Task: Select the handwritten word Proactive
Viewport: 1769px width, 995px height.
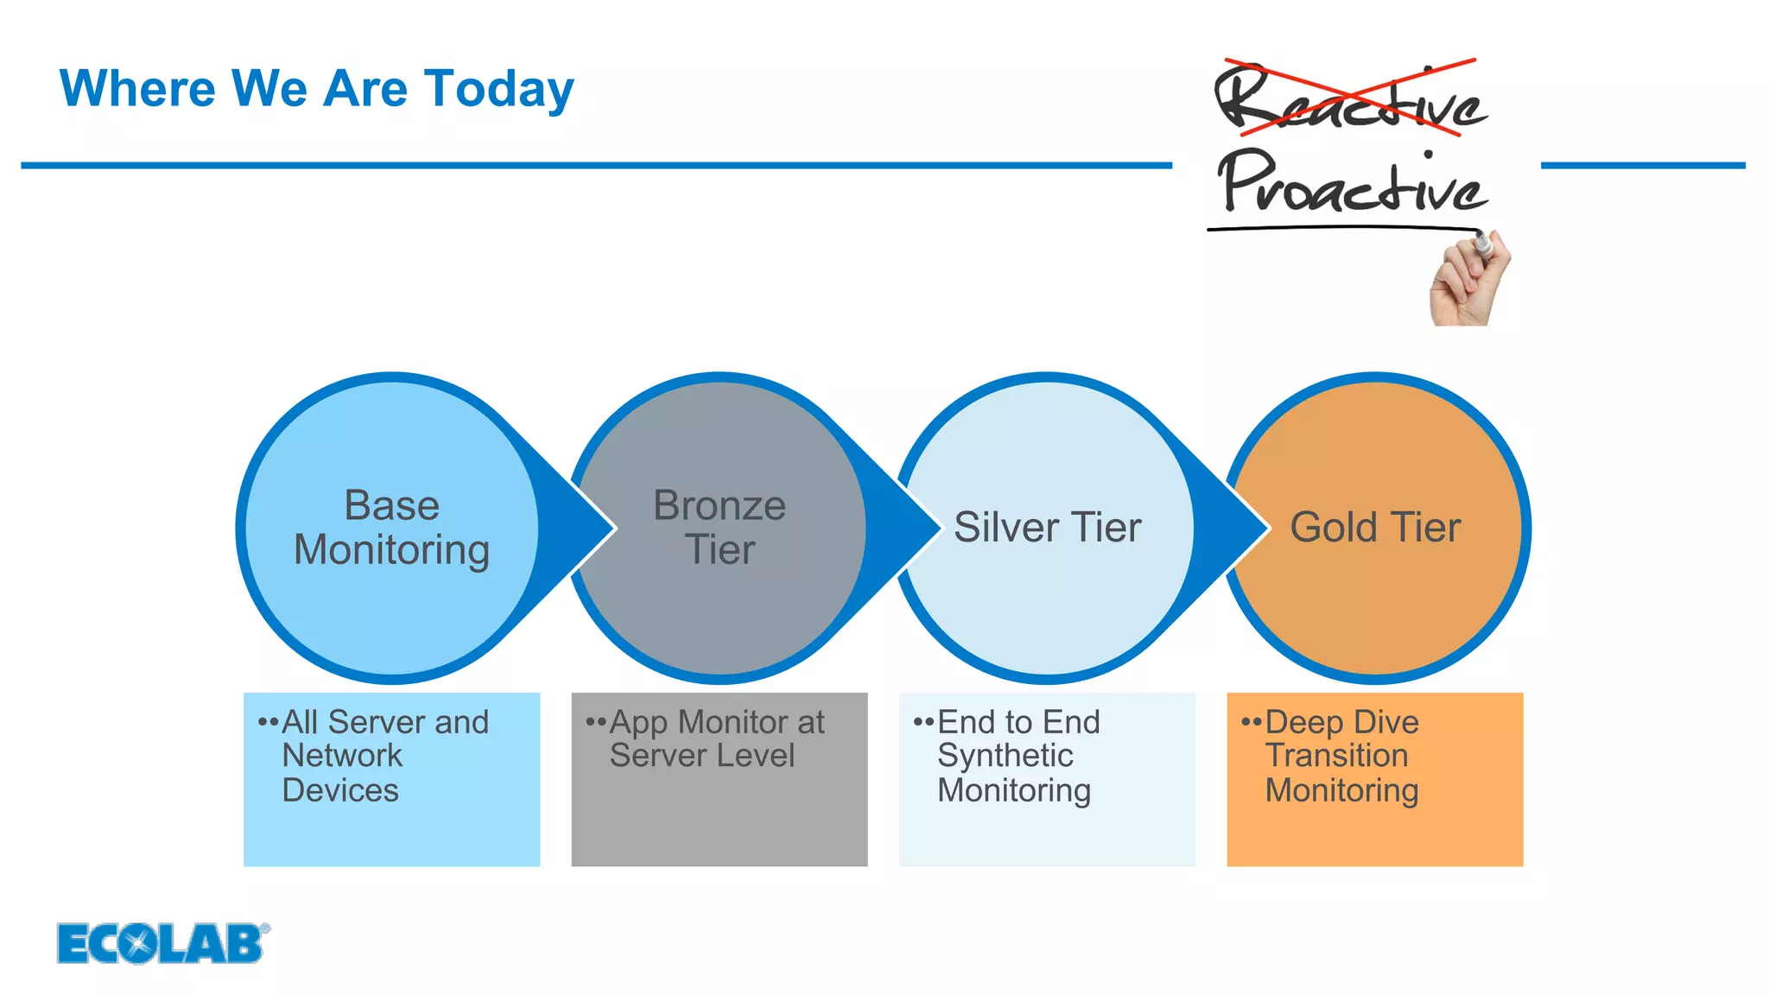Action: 1353,182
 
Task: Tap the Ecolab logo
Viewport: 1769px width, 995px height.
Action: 162,942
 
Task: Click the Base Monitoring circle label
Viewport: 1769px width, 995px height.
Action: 391,528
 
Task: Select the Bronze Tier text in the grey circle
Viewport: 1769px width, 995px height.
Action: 720,528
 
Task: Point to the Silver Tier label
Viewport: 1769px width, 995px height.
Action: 1047,528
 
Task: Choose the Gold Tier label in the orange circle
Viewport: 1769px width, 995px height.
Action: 1375,528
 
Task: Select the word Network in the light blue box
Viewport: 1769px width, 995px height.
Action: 342,756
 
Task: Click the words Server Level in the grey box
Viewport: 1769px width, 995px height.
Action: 701,756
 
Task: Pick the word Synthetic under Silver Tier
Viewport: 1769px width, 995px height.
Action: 1005,756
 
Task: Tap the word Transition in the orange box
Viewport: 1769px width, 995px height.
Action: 1336,756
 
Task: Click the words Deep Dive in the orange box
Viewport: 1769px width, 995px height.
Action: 1341,722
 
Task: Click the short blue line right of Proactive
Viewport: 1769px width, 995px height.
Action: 1642,165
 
